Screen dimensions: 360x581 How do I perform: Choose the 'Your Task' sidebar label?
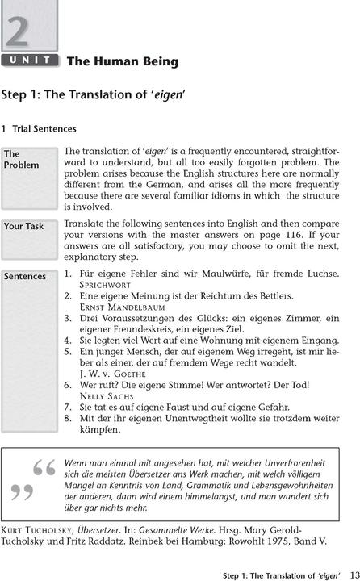point(24,227)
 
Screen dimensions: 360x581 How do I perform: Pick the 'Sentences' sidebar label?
point(25,276)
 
